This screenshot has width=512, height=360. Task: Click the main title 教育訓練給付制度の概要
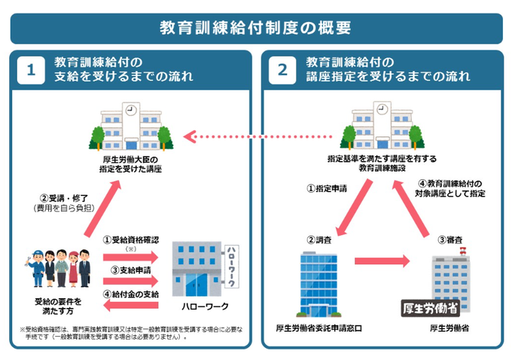pos(256,28)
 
